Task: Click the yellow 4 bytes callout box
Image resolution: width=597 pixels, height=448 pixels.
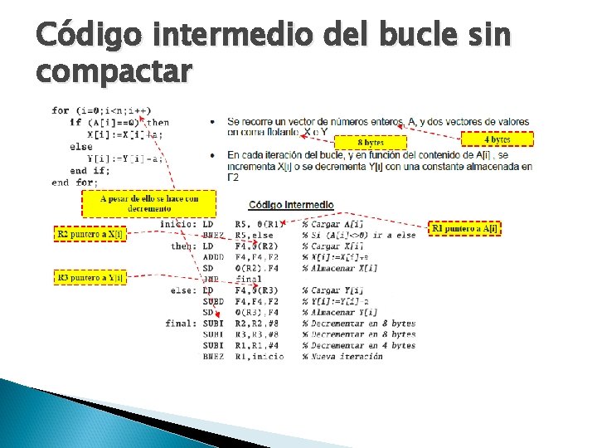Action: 497,139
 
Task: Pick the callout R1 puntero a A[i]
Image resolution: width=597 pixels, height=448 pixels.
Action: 464,228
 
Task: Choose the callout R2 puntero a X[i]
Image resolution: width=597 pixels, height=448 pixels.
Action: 90,235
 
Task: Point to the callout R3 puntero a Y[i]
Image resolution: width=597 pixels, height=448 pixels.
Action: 90,278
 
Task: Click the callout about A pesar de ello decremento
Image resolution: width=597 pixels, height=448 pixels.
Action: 149,203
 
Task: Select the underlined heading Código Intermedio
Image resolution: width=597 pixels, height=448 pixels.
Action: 291,205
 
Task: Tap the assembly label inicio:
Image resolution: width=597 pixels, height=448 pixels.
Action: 177,224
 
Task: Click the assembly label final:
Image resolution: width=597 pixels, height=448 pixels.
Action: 180,324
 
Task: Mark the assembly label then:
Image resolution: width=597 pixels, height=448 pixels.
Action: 182,246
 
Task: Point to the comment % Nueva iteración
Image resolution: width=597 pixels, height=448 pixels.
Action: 342,357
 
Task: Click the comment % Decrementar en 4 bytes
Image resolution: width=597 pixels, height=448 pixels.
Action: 358,345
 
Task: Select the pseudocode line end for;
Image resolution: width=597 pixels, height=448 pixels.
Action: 75,183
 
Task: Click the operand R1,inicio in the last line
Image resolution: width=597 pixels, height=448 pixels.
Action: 259,357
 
